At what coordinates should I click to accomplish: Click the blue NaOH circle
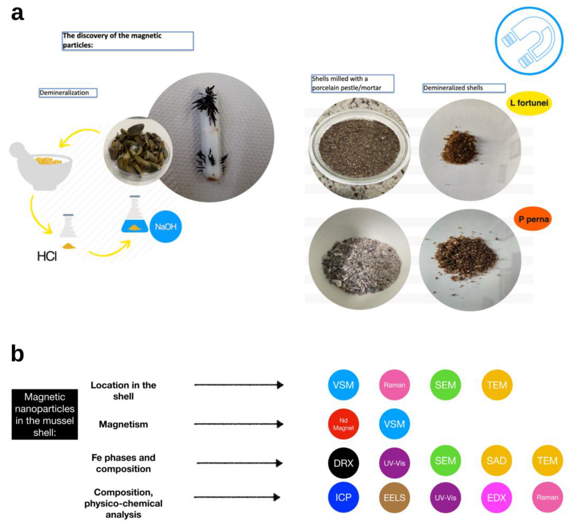[166, 226]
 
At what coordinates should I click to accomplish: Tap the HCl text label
[47, 256]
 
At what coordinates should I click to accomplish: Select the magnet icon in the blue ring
[529, 41]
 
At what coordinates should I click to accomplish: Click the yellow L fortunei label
[529, 103]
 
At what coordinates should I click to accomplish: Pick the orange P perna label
[533, 219]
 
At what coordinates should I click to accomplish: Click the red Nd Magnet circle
[343, 424]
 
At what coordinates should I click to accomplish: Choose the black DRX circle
[343, 463]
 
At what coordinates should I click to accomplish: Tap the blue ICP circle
[343, 497]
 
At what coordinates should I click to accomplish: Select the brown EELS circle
[394, 497]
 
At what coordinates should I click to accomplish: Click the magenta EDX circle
[496, 497]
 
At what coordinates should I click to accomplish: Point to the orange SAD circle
[496, 461]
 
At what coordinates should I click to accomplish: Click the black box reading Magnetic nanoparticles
[44, 414]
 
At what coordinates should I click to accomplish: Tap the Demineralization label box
[67, 93]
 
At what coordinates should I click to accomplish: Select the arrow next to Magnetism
[239, 424]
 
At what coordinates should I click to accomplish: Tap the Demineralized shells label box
[464, 88]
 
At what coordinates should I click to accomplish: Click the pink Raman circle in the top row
[394, 385]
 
